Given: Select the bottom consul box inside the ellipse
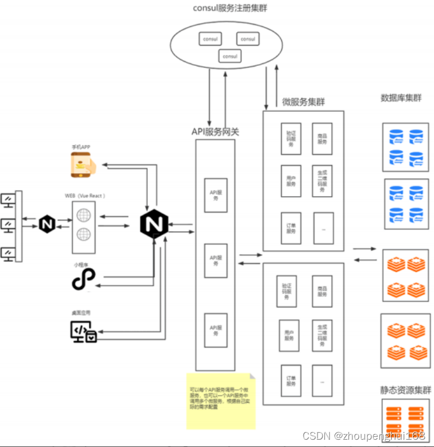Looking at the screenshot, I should pyautogui.click(x=230, y=56).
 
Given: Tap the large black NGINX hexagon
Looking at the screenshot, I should pyautogui.click(x=155, y=224).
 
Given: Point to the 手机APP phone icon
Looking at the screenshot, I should pyautogui.click(x=82, y=165).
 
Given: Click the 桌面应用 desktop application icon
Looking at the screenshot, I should pyautogui.click(x=83, y=332).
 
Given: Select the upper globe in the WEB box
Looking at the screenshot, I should pyautogui.click(x=83, y=215).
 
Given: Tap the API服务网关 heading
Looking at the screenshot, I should pyautogui.click(x=215, y=132).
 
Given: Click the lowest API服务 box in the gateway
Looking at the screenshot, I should pyautogui.click(x=216, y=330).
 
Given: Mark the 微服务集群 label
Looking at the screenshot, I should pyautogui.click(x=303, y=102).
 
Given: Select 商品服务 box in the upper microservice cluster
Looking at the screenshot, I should pyautogui.click(x=322, y=139).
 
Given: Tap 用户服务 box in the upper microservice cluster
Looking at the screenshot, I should pyautogui.click(x=291, y=180).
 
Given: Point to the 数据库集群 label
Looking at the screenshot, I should pyautogui.click(x=401, y=98).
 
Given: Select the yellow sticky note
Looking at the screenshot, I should pyautogui.click(x=221, y=399).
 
